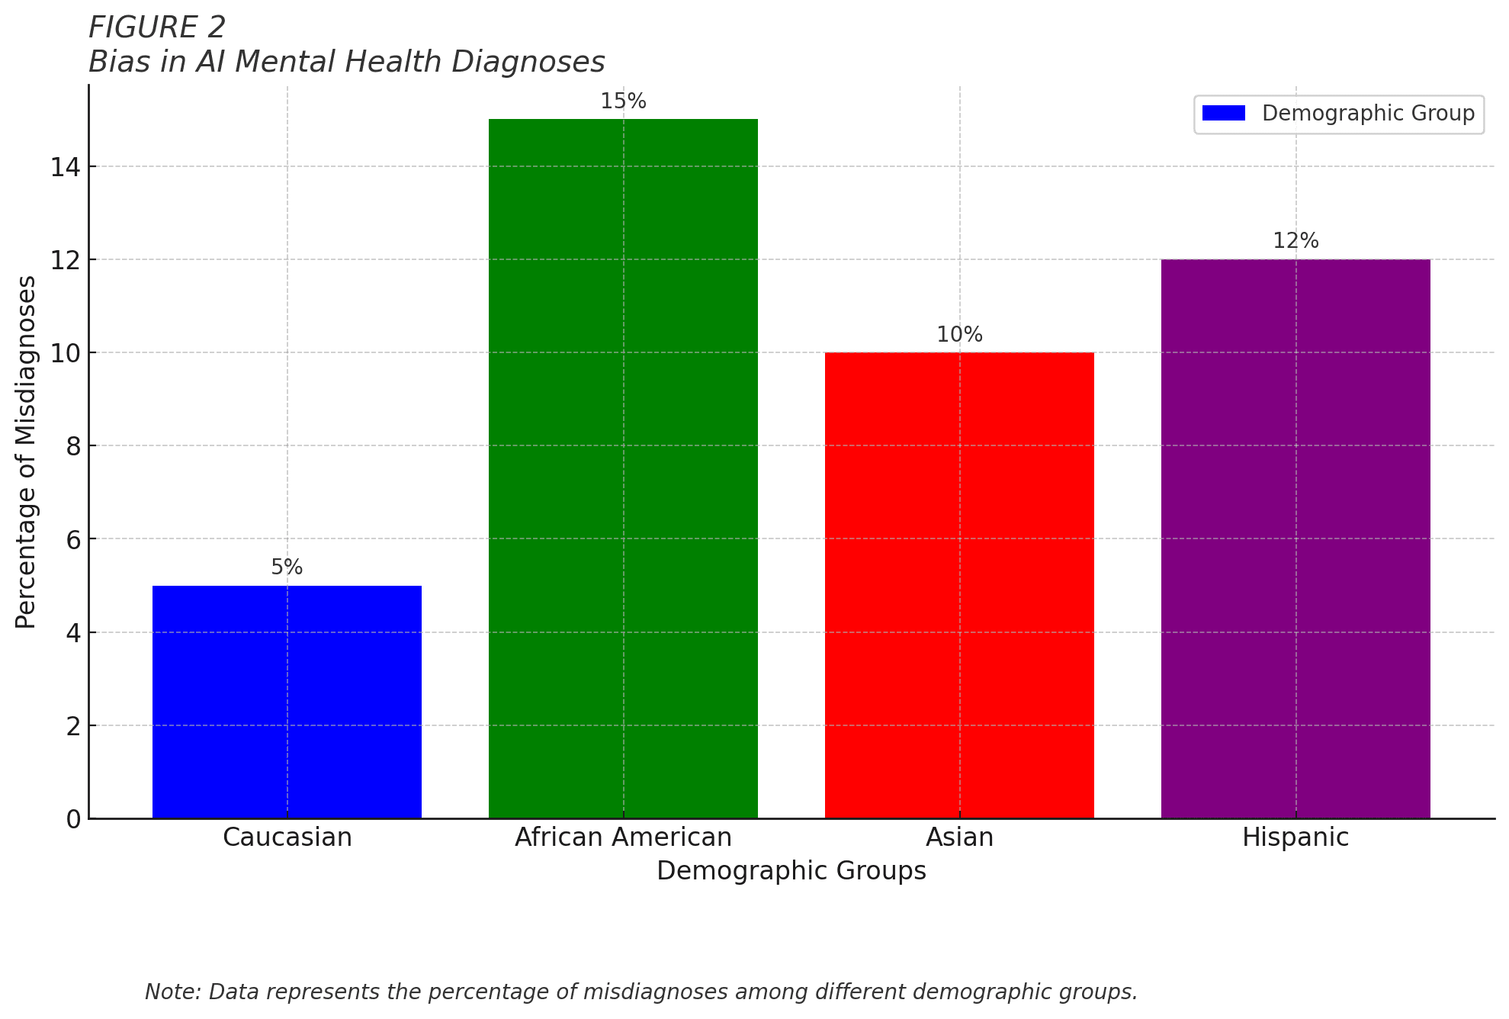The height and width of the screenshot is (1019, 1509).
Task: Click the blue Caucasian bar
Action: coord(287,702)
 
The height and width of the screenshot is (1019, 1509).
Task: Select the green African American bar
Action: coord(623,468)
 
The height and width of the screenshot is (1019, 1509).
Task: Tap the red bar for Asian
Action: coord(959,585)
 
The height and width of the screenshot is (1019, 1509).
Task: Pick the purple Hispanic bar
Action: coord(1295,538)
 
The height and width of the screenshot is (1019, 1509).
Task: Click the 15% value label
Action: coord(623,101)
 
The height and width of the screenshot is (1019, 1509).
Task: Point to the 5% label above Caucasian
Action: coord(287,567)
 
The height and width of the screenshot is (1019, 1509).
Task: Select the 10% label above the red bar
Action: coord(959,335)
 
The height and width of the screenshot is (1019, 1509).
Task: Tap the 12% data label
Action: coord(1295,241)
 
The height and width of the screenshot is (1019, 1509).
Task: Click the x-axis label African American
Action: coord(623,837)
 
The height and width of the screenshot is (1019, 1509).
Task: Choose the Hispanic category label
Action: coord(1295,837)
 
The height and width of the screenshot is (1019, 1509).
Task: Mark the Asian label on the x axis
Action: coord(959,837)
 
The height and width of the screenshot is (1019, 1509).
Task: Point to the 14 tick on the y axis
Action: coord(66,167)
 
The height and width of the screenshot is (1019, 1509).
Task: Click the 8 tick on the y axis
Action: coord(73,446)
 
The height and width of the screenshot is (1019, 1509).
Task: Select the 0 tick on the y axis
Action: coord(73,819)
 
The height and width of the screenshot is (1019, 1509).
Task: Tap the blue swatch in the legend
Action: coord(1223,114)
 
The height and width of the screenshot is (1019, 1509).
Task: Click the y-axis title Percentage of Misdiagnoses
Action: coord(26,452)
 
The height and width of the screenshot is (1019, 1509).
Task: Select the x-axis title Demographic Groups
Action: coord(791,871)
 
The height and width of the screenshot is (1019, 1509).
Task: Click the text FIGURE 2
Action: coord(157,28)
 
